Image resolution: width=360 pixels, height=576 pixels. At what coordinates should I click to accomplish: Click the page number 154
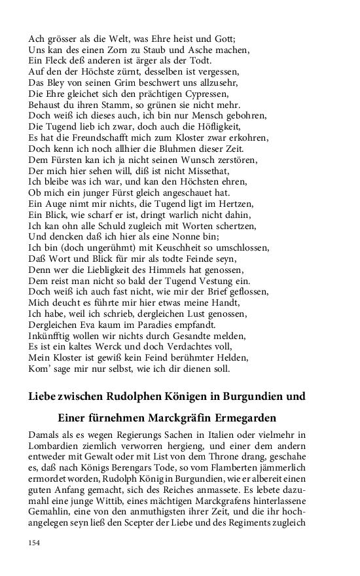click(x=34, y=543)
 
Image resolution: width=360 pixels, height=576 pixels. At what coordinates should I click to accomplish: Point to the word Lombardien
click(x=54, y=447)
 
